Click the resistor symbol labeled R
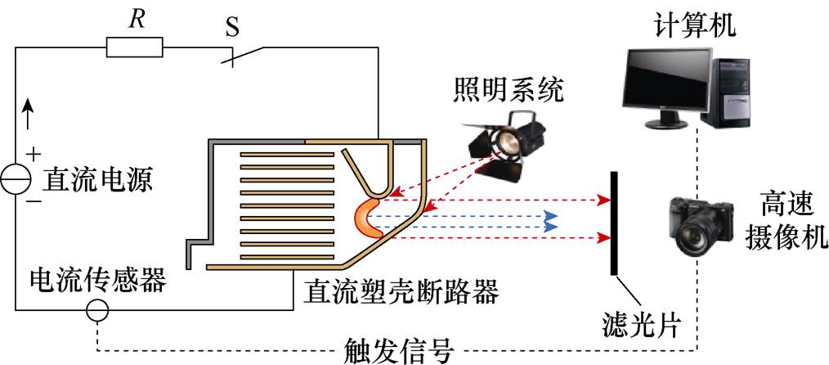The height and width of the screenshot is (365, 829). (x=134, y=49)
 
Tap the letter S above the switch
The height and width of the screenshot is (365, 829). (x=232, y=26)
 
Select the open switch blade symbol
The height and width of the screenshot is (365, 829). (x=245, y=56)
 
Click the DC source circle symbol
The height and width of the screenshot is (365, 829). (x=16, y=181)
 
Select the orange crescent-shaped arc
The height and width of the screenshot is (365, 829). (x=367, y=219)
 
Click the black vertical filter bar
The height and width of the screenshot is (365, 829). (x=612, y=220)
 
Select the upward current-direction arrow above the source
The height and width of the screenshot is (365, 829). (x=30, y=114)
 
